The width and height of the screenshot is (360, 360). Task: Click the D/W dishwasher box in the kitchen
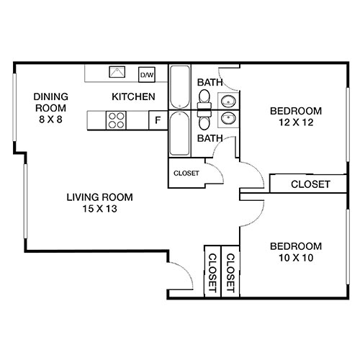[x=147, y=74]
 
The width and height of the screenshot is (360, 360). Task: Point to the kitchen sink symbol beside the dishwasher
[x=117, y=73]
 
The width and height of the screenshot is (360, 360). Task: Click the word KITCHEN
[x=133, y=96]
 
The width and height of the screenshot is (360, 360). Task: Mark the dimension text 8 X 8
[x=50, y=120]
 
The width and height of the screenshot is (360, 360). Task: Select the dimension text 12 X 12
[x=296, y=123]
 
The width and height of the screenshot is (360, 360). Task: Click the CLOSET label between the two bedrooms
[x=310, y=184]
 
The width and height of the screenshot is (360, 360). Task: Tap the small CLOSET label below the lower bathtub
[x=186, y=173]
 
